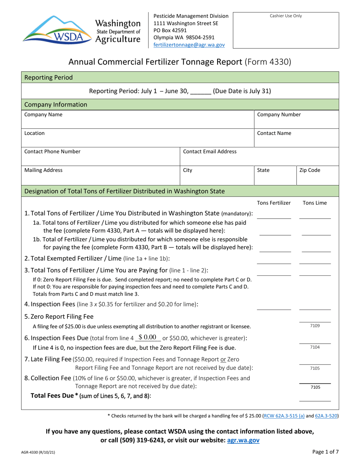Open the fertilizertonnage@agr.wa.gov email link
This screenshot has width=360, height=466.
pyautogui.click(x=189, y=44)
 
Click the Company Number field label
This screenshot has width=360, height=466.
pyautogui.click(x=274, y=114)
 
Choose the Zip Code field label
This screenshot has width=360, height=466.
pyautogui.click(x=310, y=170)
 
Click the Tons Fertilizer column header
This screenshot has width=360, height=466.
pyautogui.click(x=274, y=203)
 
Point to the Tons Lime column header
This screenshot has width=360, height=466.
pyautogui.click(x=314, y=203)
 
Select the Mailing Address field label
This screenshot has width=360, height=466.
pyautogui.click(x=43, y=170)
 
